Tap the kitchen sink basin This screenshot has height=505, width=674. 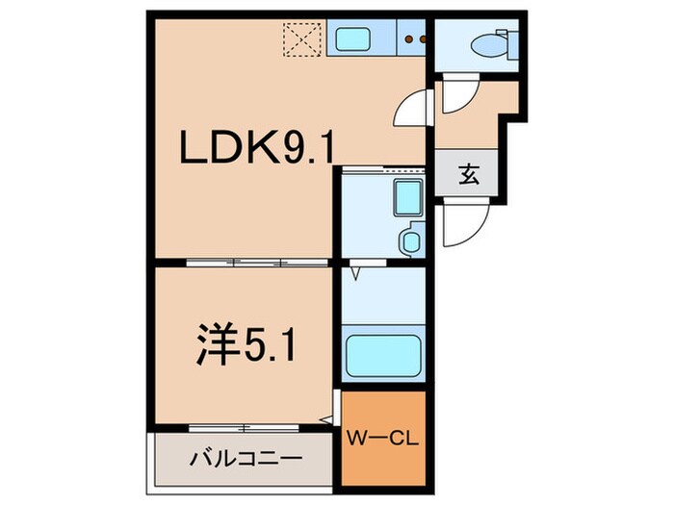tap(350, 39)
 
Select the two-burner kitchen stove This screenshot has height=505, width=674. tap(416, 39)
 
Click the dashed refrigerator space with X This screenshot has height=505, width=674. tap(301, 39)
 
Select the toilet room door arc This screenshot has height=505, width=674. tap(457, 97)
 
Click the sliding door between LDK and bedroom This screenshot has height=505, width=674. tap(236, 263)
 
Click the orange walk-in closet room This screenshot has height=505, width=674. tap(384, 438)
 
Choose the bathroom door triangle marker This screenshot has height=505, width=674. tap(355, 273)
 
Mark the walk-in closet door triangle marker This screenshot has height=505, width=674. tap(328, 418)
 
